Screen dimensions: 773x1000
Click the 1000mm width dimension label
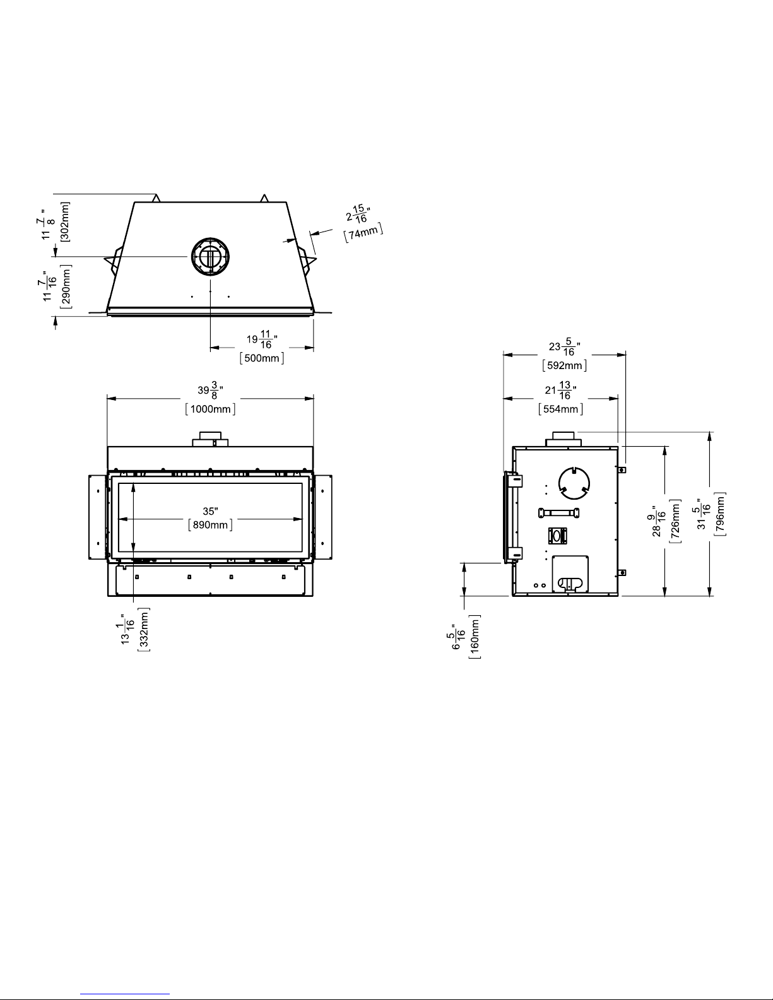pos(210,409)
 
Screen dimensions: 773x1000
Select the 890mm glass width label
pos(210,525)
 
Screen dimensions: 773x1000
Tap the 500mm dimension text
pos(262,358)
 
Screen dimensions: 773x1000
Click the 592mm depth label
pos(564,365)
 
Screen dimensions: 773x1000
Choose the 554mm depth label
pos(560,409)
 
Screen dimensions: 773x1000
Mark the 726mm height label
pos(675,521)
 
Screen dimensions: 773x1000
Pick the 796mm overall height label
pos(720,514)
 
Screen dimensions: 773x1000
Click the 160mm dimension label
pos(475,637)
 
